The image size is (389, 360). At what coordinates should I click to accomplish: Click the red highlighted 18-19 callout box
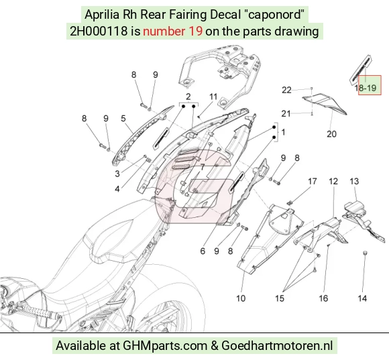[370, 85]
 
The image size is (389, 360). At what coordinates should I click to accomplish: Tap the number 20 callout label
[331, 134]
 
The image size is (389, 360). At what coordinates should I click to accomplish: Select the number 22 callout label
[286, 90]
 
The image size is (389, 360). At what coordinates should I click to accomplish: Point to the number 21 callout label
[286, 113]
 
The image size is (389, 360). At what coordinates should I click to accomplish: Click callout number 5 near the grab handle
[123, 119]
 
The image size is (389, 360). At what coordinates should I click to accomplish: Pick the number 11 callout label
[213, 97]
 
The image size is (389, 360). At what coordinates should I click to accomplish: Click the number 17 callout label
[313, 182]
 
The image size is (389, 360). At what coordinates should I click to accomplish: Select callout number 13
[354, 182]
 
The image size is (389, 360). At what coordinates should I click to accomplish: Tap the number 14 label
[362, 298]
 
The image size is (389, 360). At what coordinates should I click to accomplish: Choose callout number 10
[241, 298]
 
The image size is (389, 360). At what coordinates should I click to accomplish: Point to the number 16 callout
[323, 298]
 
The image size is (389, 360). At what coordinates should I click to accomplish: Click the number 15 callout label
[280, 298]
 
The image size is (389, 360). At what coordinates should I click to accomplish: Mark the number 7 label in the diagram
[203, 168]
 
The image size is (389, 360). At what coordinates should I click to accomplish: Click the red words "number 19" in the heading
[172, 32]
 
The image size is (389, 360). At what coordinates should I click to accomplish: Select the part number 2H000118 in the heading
[99, 32]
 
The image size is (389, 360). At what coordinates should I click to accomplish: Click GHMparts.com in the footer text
[165, 345]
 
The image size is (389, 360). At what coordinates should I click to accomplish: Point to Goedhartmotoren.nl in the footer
[277, 345]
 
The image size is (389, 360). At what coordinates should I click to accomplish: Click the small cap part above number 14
[365, 253]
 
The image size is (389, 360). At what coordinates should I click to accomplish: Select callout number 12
[333, 182]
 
